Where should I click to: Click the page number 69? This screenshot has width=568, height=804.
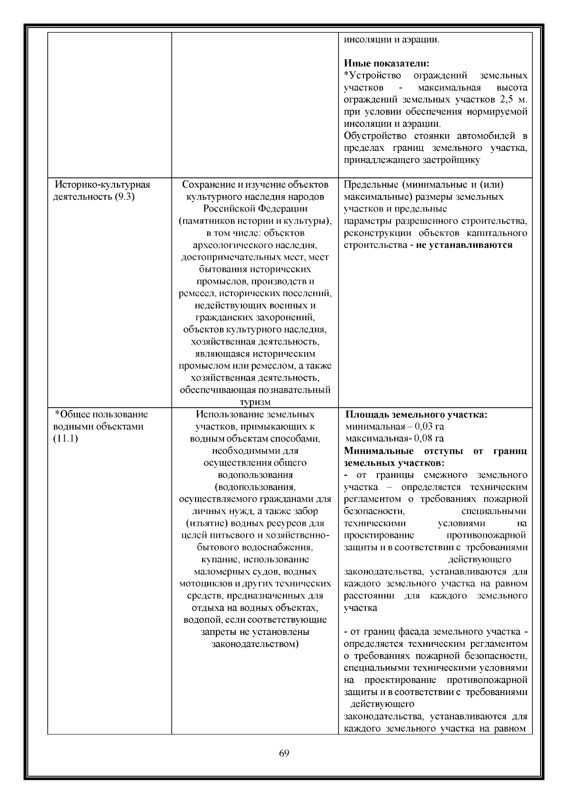tap(284, 767)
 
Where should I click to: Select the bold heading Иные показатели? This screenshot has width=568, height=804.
tap(386, 63)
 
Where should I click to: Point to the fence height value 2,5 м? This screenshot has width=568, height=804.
tap(513, 100)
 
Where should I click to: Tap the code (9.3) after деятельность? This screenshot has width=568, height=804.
tap(125, 197)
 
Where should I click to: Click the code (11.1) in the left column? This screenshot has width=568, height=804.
tap(65, 438)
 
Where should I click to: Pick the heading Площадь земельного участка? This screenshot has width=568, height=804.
tap(416, 415)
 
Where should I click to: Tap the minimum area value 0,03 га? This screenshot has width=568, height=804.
tap(429, 426)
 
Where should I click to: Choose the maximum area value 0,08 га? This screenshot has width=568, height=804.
tap(428, 438)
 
